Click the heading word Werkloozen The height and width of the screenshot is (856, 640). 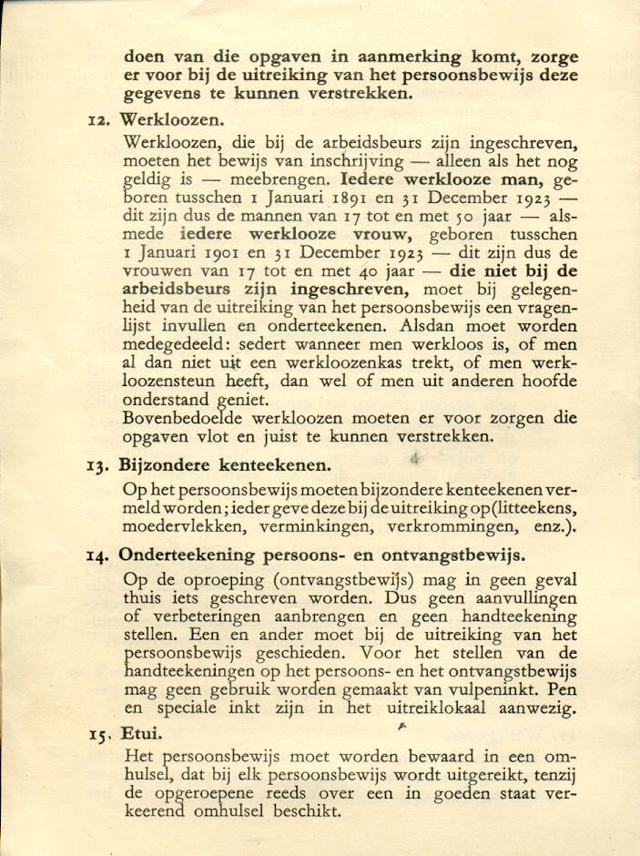click(172, 119)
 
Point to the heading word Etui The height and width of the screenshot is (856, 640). click(141, 731)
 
